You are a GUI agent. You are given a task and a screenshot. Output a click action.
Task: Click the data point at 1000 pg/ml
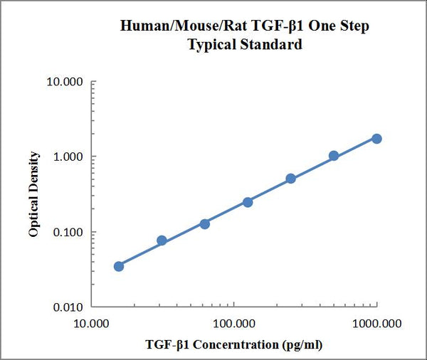click(x=376, y=138)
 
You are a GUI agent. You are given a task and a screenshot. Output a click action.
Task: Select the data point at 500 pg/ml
click(x=334, y=156)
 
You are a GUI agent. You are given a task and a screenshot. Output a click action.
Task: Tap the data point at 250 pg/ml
click(x=290, y=179)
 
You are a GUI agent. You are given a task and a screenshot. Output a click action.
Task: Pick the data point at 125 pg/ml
click(x=248, y=202)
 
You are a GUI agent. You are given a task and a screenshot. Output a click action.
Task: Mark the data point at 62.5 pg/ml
click(x=204, y=223)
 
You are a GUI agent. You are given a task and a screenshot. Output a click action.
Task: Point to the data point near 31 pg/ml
click(x=162, y=240)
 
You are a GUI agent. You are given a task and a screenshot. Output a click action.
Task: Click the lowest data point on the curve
click(x=119, y=266)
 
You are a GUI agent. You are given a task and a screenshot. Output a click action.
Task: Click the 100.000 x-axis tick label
click(x=234, y=324)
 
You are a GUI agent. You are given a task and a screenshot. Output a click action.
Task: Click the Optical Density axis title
click(x=34, y=194)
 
